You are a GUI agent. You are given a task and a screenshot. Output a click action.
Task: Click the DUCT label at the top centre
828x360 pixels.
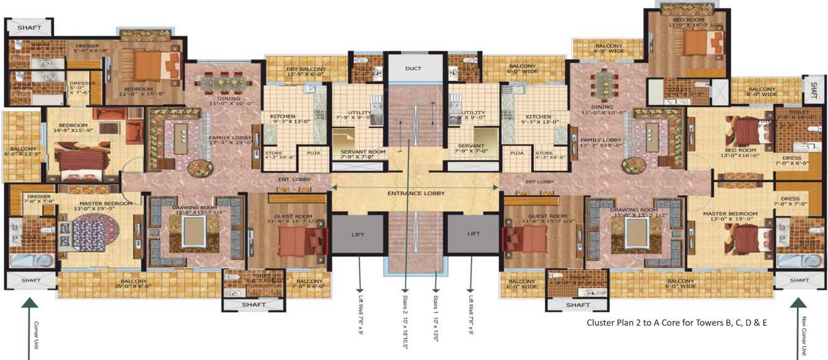click(414, 68)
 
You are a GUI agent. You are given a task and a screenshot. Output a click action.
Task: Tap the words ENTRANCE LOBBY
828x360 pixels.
click(416, 193)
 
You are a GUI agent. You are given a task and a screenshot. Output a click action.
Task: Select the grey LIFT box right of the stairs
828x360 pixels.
click(473, 234)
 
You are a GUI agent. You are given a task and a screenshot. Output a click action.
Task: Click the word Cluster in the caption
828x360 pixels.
click(601, 323)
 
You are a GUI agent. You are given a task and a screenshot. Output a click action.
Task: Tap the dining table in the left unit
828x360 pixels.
click(222, 82)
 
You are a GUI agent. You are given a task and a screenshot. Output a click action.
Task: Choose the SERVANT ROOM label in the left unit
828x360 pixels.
click(363, 152)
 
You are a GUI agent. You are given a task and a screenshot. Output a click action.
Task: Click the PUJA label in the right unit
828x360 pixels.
click(513, 152)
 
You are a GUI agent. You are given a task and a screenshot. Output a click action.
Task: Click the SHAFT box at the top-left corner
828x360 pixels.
click(29, 27)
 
